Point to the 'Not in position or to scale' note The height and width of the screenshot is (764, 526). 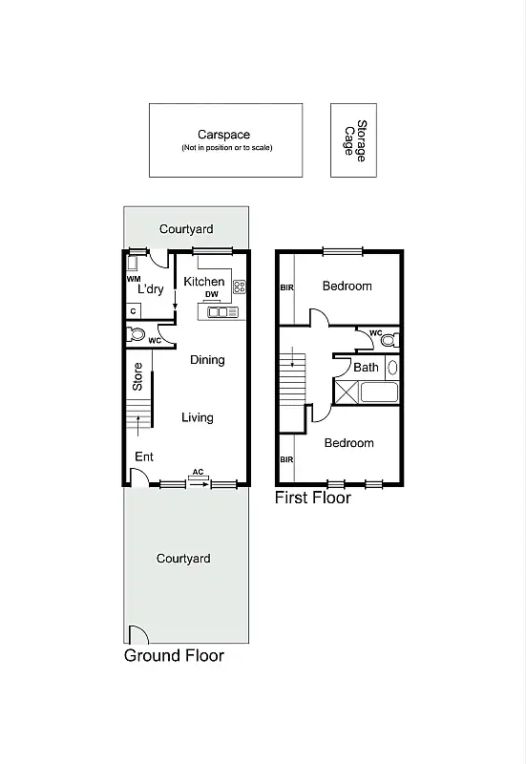(226, 148)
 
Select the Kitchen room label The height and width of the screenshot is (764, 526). (204, 282)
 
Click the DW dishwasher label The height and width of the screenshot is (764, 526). (212, 295)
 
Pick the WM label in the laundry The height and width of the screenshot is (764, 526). (133, 279)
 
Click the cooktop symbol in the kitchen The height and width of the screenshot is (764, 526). (240, 286)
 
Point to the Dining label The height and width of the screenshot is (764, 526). (207, 360)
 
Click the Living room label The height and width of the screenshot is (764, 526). (198, 417)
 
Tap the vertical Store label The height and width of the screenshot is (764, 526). (137, 377)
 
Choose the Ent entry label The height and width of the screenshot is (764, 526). (143, 457)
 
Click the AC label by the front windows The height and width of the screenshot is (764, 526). (198, 473)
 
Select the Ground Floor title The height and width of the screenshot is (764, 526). (174, 656)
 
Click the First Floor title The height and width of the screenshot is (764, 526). (313, 498)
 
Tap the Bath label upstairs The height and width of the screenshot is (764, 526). (366, 367)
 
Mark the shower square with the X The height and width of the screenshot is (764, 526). (346, 391)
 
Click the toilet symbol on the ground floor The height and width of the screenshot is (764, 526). (137, 335)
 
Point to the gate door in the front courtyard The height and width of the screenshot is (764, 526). (137, 634)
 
